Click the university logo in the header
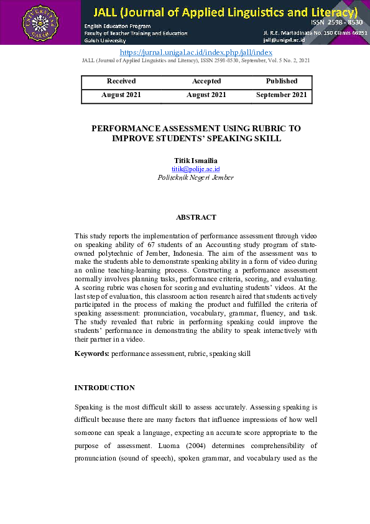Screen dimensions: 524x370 [x=39, y=23]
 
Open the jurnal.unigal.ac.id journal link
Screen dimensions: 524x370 [x=195, y=53]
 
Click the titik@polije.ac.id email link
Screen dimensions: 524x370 [x=195, y=169]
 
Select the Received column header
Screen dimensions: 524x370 [x=121, y=81]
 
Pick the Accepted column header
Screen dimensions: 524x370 [x=206, y=81]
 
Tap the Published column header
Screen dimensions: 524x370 [x=282, y=81]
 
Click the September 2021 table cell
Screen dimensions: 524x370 [x=282, y=95]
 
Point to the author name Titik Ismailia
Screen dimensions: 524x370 [x=195, y=161]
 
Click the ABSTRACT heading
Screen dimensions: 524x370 [x=196, y=217]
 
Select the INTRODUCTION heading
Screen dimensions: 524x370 [x=104, y=388]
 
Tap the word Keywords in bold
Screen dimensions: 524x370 [x=92, y=353]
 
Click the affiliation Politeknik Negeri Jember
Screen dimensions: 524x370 [x=195, y=177]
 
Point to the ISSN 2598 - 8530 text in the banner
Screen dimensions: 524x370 [x=337, y=22]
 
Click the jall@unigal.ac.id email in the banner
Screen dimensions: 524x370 [x=284, y=39]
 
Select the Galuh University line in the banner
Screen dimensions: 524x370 [x=105, y=40]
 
